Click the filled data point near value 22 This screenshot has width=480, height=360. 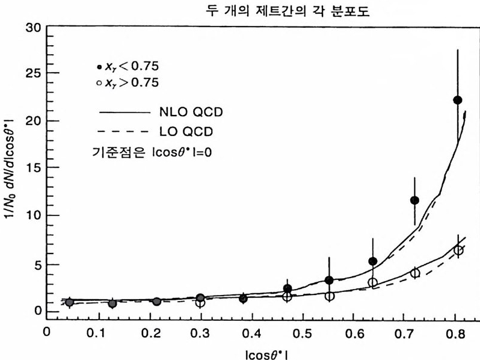(x=458, y=100)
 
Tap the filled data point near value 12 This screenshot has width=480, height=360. (x=414, y=200)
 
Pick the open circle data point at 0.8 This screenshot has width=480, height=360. (x=458, y=250)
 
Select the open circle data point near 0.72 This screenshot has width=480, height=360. (x=415, y=273)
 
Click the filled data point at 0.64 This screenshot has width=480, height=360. (x=373, y=261)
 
